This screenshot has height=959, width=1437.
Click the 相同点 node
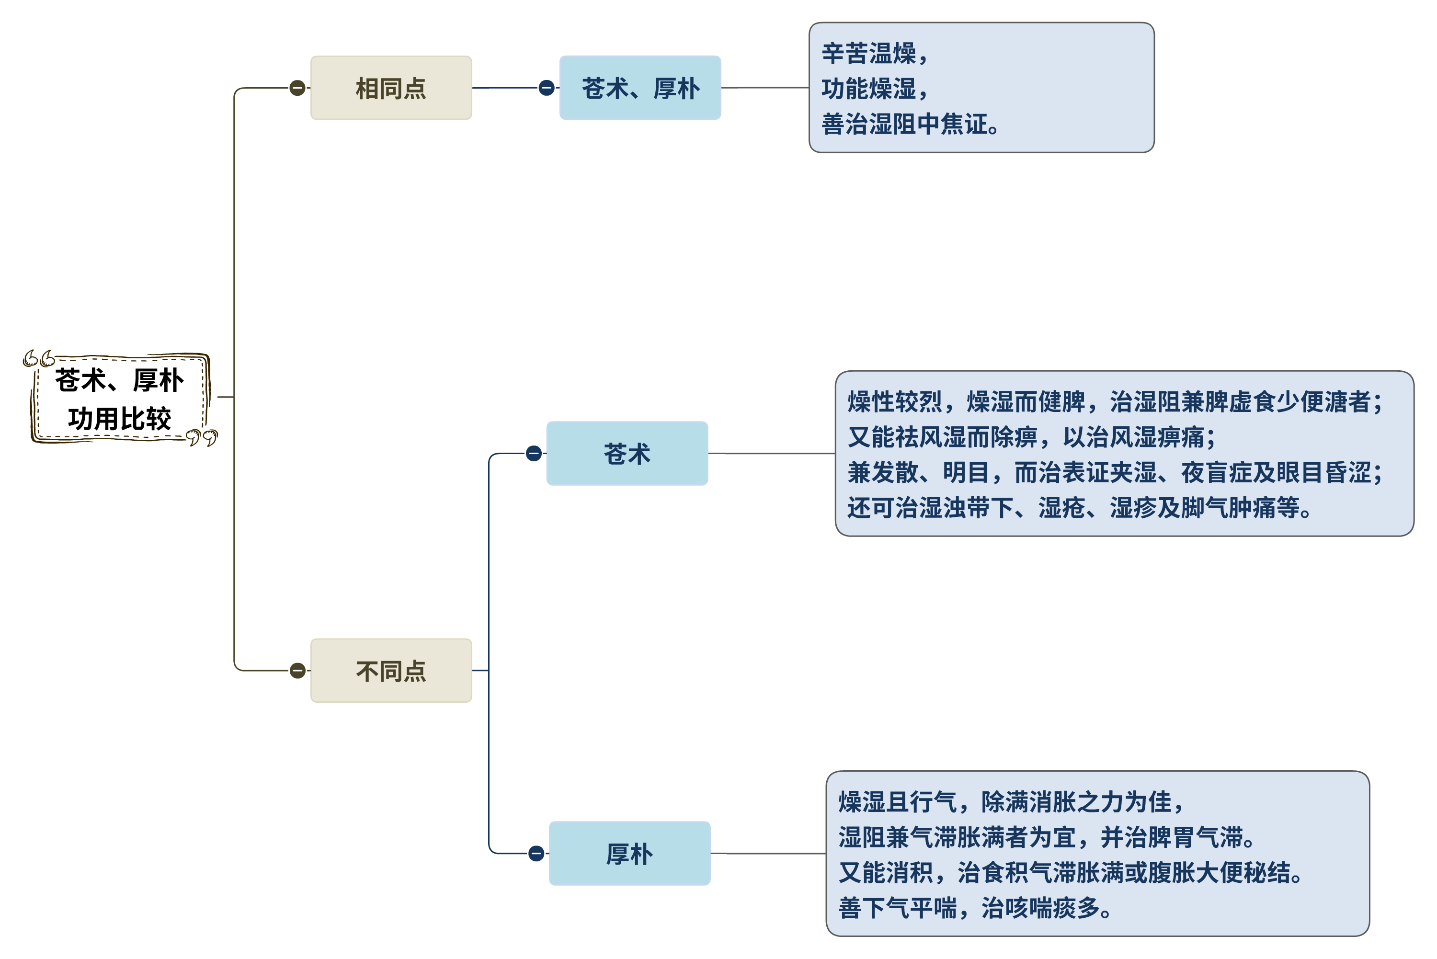click(x=391, y=88)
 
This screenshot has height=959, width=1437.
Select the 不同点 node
click(x=391, y=671)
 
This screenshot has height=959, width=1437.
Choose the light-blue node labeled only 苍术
click(x=627, y=454)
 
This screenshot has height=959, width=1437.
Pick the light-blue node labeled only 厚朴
click(x=629, y=854)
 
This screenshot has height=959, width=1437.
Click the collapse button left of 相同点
click(x=297, y=88)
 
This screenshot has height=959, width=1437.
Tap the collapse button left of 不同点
click(x=297, y=671)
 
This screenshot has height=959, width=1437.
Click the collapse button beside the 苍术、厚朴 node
click(x=547, y=88)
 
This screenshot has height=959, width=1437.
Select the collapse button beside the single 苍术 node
click(x=534, y=454)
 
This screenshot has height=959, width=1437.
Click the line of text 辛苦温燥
click(x=875, y=54)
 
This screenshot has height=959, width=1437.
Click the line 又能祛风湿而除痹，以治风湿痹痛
click(x=1031, y=437)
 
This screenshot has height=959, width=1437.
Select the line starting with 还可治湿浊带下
click(x=1079, y=508)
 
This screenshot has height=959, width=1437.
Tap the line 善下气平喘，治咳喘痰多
click(x=975, y=908)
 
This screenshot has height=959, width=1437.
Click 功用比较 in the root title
click(x=119, y=420)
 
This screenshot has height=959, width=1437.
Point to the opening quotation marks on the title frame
click(x=38, y=358)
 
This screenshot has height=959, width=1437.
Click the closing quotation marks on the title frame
click(x=202, y=438)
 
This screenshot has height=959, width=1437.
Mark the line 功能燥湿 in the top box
click(x=875, y=89)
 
